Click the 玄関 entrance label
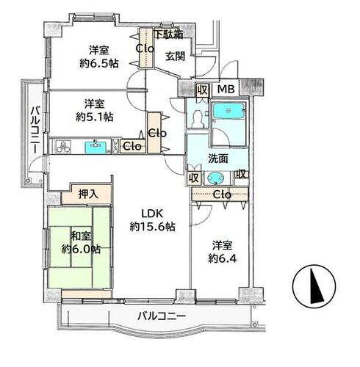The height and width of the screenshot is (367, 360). coord(175,57)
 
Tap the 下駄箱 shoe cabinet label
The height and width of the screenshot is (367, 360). coord(169,34)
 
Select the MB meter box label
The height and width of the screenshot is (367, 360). coord(226,90)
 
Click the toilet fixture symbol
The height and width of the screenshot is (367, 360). coord(198,118)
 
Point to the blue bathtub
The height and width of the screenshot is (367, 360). coord(228,111)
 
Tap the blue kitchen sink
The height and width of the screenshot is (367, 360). coord(96,148)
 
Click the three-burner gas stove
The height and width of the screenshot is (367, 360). coord(63,147)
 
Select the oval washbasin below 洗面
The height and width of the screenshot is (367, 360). coord(215,178)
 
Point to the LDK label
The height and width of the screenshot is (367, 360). coord(152,214)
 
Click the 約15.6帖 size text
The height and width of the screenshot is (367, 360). coord(152,227)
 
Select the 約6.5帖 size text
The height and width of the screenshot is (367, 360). coord(99,64)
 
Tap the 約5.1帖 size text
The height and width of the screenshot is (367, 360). coord(95,117)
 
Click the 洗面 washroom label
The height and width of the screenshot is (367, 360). coord(218,159)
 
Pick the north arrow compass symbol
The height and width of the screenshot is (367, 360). coord(314,286)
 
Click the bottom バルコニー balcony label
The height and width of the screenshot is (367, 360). coord(162,316)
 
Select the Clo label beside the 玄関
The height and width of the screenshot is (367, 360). coord(145,48)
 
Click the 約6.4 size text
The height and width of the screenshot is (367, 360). coord(223,258)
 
